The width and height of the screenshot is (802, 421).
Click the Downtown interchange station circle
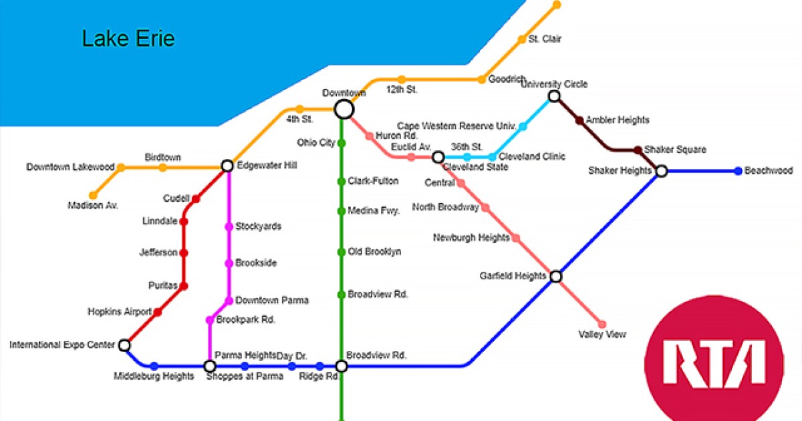tap(344, 109)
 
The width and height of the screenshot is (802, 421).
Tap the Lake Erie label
tap(128, 39)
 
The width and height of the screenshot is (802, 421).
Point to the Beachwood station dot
tap(738, 171)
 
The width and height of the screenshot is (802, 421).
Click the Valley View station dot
tap(602, 324)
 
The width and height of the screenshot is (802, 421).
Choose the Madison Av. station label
tap(93, 206)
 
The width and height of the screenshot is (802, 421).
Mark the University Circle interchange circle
tap(553, 97)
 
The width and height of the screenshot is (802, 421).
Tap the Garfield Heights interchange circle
tap(555, 276)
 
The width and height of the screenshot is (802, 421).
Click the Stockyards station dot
tap(229, 227)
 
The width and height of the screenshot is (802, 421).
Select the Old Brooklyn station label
tap(374, 252)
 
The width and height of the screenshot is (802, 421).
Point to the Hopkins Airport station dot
tap(158, 311)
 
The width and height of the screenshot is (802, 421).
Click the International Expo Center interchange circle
tap(124, 345)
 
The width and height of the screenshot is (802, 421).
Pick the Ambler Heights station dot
tap(579, 120)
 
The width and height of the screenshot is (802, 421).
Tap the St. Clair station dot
tap(522, 39)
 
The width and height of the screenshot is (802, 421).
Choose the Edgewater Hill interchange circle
tap(227, 166)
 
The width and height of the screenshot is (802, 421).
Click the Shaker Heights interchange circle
tap(661, 171)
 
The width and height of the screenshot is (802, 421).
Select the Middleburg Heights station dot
tap(154, 366)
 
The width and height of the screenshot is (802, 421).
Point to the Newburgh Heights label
tap(471, 238)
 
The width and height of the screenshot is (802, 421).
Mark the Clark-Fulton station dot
tap(342, 181)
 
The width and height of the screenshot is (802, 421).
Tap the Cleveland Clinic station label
tap(532, 156)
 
